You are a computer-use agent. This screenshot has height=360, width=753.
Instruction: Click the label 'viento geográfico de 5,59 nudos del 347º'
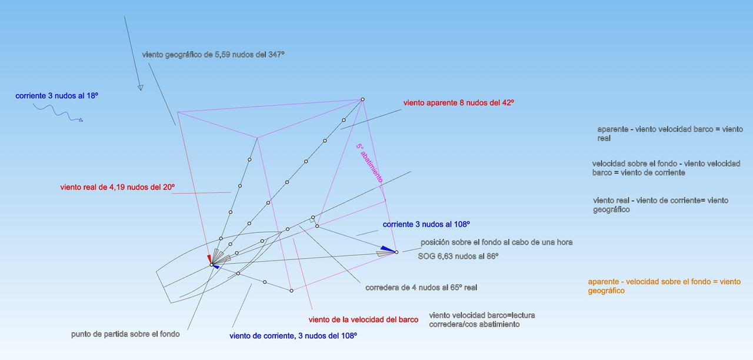[213, 55]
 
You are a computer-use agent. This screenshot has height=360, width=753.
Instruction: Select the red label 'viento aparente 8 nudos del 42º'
[458, 102]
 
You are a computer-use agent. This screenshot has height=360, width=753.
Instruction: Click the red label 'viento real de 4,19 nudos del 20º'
[118, 187]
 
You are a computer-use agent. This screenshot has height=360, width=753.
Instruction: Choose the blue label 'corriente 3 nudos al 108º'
[426, 225]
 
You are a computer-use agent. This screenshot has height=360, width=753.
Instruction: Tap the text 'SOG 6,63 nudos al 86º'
[458, 256]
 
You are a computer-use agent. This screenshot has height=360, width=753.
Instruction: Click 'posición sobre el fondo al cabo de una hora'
[496, 242]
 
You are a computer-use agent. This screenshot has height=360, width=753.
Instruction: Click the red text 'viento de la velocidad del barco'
[363, 319]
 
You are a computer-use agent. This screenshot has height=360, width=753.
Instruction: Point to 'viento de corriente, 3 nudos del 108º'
[292, 336]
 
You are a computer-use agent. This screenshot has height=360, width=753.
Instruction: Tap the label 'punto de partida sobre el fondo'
[125, 334]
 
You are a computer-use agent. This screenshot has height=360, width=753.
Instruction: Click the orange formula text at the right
[665, 286]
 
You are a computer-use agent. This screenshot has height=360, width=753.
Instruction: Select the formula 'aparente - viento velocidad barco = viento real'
[669, 134]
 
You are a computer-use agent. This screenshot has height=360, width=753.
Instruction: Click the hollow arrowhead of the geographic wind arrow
[140, 87]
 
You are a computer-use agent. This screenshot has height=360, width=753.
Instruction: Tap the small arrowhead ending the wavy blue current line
[81, 120]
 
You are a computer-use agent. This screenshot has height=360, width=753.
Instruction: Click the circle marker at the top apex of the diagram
[362, 99]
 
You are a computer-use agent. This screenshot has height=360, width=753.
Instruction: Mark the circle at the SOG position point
[396, 252]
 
